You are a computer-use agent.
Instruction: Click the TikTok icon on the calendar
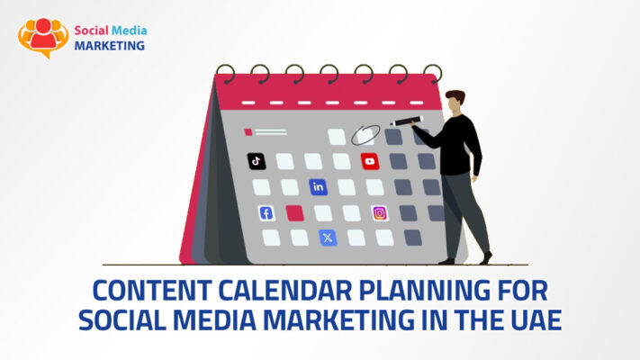tap(257, 161)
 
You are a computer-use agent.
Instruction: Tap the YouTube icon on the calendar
tap(369, 161)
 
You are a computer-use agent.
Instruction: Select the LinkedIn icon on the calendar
tap(318, 187)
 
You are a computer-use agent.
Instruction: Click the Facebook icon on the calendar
tap(266, 213)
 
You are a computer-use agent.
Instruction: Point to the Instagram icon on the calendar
tap(380, 213)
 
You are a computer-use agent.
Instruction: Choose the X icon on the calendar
tap(328, 238)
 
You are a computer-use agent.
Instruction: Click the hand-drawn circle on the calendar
tap(364, 135)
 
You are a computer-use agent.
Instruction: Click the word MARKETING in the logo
tap(109, 45)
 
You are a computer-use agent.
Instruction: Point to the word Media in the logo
tap(128, 28)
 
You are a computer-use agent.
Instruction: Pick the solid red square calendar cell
tap(294, 213)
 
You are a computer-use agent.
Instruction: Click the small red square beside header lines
tap(248, 132)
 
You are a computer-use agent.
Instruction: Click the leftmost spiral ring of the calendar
tap(225, 73)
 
